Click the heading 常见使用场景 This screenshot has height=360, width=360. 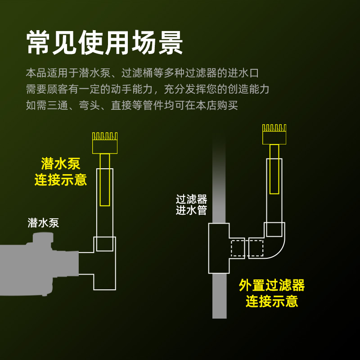point(104,43)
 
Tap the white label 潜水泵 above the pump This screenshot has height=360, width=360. point(43,223)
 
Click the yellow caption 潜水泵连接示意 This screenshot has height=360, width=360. point(61,171)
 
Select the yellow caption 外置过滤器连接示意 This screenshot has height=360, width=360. point(272,293)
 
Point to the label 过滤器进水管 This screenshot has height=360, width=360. point(192,205)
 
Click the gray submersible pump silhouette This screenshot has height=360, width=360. point(39,265)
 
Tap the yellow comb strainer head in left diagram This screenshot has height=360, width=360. point(105,143)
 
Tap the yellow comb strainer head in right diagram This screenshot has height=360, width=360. point(274,134)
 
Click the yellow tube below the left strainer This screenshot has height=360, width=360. point(105,180)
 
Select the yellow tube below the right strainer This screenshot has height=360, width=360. point(274,169)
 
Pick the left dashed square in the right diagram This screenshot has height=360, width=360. point(238,248)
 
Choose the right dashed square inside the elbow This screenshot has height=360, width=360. point(256,248)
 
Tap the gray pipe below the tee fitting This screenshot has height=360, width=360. point(220,296)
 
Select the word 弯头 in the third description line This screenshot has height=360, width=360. point(90,105)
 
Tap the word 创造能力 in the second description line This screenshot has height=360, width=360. point(248,89)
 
